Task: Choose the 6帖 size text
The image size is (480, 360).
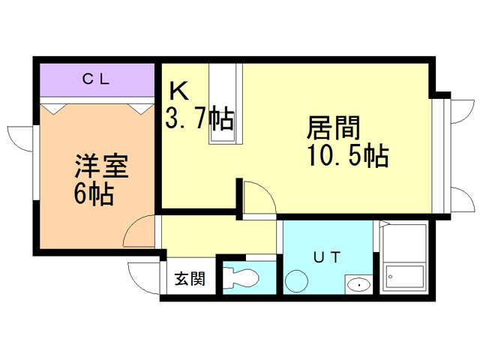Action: [93, 194]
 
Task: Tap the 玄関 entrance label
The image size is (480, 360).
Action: [190, 280]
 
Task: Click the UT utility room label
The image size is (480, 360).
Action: [327, 257]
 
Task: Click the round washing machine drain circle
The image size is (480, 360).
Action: [297, 282]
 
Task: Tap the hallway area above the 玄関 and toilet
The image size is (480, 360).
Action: [217, 236]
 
